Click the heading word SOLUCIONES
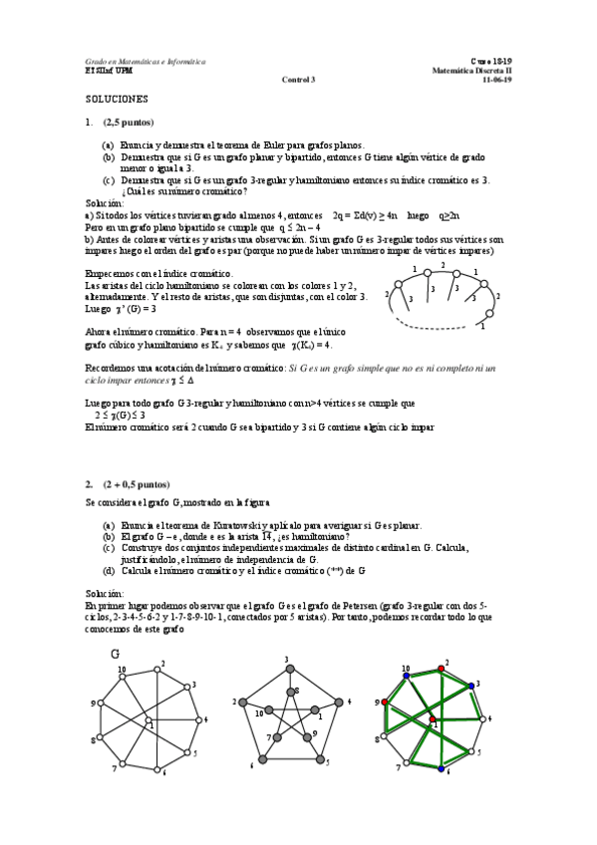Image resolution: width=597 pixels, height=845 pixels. pos(117,100)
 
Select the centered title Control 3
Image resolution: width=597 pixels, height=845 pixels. pos(298,80)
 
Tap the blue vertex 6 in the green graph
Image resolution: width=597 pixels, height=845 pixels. pos(442,769)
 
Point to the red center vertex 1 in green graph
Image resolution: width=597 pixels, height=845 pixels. pos(432,718)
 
